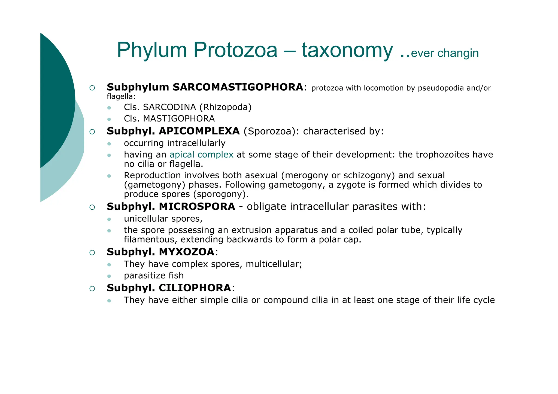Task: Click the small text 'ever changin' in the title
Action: [445, 53]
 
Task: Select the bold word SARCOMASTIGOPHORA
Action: [238, 87]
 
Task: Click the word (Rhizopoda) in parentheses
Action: [226, 107]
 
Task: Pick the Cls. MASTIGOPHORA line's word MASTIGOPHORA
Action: [179, 119]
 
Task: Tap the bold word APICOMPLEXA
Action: [199, 131]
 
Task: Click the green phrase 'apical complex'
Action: [201, 155]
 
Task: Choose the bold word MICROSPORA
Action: [197, 206]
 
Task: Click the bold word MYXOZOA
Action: [187, 252]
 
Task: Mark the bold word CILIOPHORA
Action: [195, 288]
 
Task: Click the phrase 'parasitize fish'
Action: [154, 276]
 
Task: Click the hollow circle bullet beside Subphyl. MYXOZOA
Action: [92, 252]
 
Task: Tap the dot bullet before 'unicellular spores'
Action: [109, 219]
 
